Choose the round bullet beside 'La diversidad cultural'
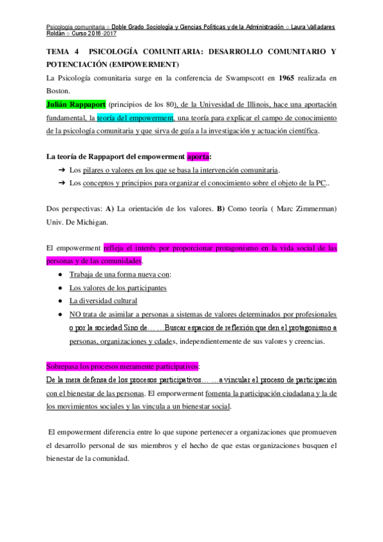pos(59,301)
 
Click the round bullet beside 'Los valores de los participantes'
pos(59,288)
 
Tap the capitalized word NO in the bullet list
pos(76,314)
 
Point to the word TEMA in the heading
pos(59,52)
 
